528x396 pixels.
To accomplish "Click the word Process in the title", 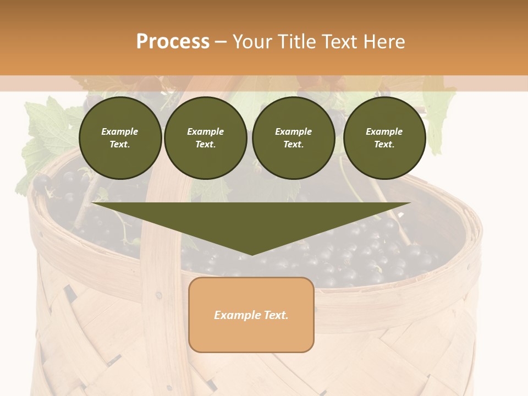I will [x=173, y=42].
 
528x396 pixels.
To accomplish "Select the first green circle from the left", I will [x=120, y=137].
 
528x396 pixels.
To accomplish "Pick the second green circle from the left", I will [x=205, y=137].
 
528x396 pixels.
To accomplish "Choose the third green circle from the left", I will [x=293, y=137].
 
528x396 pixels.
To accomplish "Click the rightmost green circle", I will [x=384, y=137].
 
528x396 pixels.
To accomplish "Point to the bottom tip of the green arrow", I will [x=252, y=255].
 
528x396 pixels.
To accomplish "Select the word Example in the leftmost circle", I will [x=120, y=131].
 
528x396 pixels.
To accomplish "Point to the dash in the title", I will [x=221, y=42].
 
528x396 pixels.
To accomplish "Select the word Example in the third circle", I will [x=293, y=131].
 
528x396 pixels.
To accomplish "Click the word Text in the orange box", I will [x=275, y=315].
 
